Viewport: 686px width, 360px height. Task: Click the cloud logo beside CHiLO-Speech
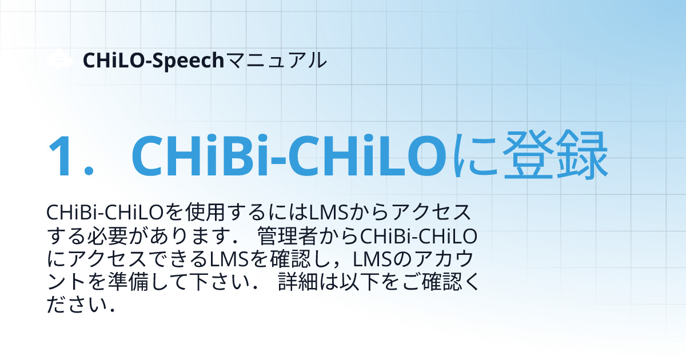coord(59,59)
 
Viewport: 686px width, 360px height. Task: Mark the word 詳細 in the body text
coord(293,282)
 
